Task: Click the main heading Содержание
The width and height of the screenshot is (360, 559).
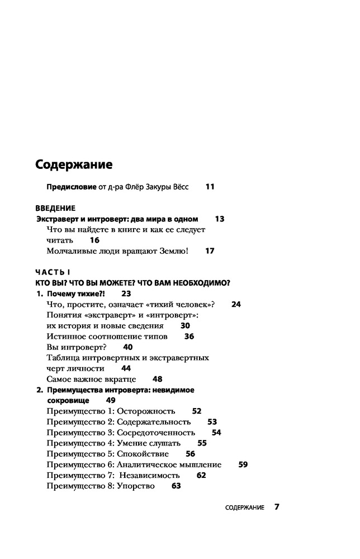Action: click(74, 165)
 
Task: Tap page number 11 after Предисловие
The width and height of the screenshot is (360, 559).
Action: click(210, 187)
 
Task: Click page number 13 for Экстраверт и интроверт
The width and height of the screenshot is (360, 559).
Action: click(219, 219)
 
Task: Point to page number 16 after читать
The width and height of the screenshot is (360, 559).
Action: click(94, 240)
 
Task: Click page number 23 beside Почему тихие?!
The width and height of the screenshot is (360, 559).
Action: click(126, 293)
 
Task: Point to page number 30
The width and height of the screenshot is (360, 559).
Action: click(186, 325)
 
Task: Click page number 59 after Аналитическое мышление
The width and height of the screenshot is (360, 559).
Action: click(243, 464)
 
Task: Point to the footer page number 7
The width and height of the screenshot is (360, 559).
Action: click(276, 508)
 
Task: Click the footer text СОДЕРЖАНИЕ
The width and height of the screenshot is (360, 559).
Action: click(244, 508)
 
